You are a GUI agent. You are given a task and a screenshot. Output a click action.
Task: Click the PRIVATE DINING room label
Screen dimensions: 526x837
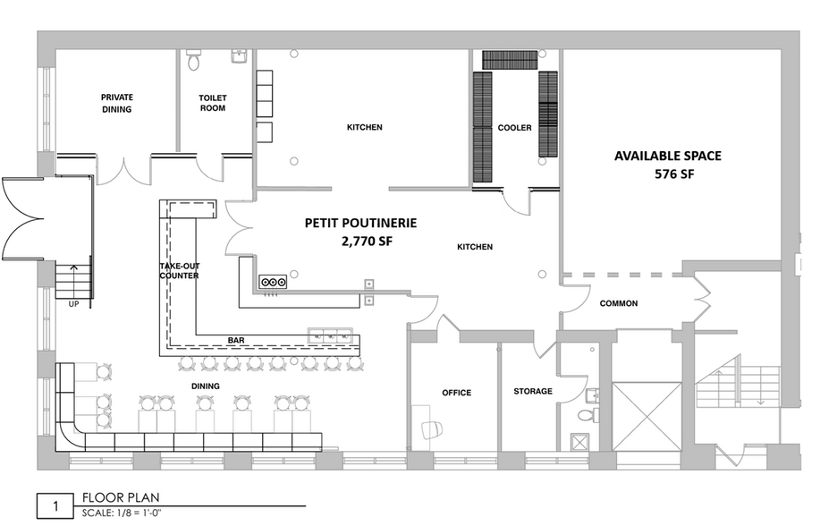click(116, 103)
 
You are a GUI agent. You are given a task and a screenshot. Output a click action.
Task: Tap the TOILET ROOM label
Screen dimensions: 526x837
click(213, 103)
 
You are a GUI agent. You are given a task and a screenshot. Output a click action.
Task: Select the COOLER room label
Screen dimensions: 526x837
click(514, 128)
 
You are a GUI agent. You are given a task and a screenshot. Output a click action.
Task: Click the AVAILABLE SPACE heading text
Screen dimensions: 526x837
click(667, 156)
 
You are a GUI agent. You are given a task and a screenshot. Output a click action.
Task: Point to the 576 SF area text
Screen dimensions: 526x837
click(674, 174)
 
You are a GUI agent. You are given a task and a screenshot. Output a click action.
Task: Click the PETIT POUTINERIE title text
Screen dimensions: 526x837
click(360, 223)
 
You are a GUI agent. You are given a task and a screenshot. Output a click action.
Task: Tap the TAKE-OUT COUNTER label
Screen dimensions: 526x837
click(179, 271)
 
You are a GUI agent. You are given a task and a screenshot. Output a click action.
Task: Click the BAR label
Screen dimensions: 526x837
click(236, 340)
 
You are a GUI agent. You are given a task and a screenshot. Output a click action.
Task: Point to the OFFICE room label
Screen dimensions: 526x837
click(456, 393)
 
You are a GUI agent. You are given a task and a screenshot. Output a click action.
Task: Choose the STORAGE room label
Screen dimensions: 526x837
click(533, 391)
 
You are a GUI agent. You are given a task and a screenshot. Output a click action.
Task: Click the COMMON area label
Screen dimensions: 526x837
click(619, 303)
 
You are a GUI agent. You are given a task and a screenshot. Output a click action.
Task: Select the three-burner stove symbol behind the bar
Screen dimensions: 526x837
click(273, 282)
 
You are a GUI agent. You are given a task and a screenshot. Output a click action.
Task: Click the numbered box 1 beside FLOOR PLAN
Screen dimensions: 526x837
click(55, 506)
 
